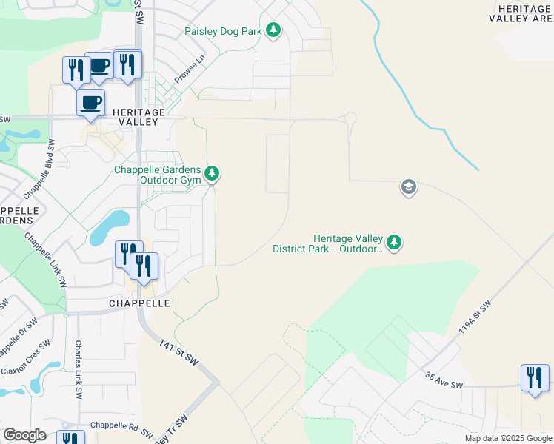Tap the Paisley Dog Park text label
pyautogui.click(x=224, y=31)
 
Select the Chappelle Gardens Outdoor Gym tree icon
pyautogui.click(x=213, y=174)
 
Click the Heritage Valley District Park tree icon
pyautogui.click(x=395, y=242)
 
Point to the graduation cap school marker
pyautogui.click(x=408, y=187)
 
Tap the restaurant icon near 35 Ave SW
pyautogui.click(x=534, y=378)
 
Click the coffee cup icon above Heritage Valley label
pyautogui.click(x=90, y=103)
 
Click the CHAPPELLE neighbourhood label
pyautogui.click(x=139, y=303)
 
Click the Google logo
pyautogui.click(x=24, y=435)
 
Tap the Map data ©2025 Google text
pyautogui.click(x=507, y=438)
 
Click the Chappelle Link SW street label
pyautogui.click(x=46, y=260)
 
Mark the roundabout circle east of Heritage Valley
pyautogui.click(x=350, y=118)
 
